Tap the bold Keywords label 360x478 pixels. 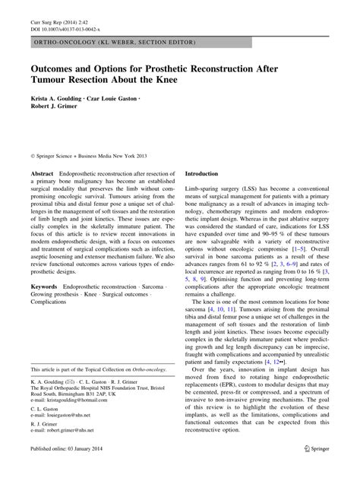(x=43, y=286)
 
